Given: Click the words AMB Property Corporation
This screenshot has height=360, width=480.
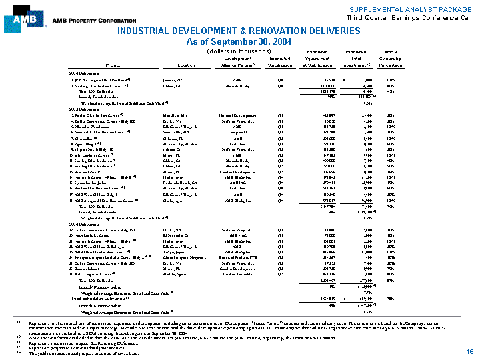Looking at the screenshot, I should click(75, 21).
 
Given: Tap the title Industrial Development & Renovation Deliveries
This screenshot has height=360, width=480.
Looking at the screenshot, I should click(239, 31).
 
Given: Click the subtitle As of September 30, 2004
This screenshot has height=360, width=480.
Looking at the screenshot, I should click(239, 41).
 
